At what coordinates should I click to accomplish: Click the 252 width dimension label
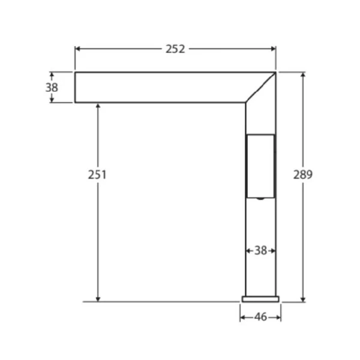point(175,50)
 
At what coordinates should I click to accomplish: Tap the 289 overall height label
point(303,175)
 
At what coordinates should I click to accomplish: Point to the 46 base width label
point(260,317)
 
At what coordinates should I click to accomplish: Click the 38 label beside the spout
point(52,88)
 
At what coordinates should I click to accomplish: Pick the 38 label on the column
point(260,250)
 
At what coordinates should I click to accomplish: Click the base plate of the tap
point(260,298)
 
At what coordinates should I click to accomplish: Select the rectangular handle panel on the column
point(260,166)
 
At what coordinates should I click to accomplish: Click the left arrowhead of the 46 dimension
point(243,317)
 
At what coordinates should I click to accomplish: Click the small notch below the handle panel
point(260,198)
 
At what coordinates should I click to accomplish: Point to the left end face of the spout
point(75,88)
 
